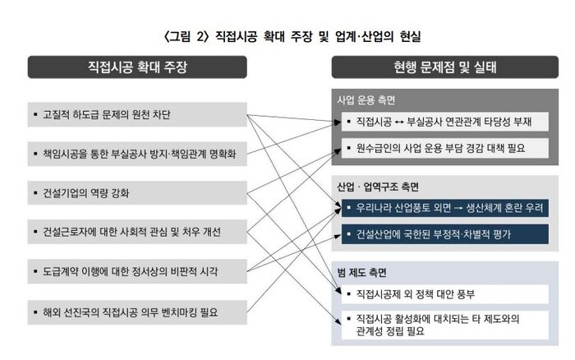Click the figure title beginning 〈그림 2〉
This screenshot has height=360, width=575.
click(x=287, y=35)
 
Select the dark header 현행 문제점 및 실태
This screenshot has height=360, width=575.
click(x=445, y=67)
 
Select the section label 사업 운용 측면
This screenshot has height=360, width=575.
click(x=366, y=100)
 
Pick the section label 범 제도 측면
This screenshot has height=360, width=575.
click(x=361, y=272)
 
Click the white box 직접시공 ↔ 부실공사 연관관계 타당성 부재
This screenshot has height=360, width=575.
click(x=444, y=122)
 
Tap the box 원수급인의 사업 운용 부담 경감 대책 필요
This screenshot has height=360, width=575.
click(x=444, y=149)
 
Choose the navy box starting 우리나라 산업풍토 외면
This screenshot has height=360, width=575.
click(x=444, y=208)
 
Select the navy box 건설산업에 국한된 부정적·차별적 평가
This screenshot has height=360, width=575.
click(x=444, y=235)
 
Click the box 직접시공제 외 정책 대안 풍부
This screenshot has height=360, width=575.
click(x=444, y=293)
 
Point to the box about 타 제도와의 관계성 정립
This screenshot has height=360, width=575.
click(x=444, y=322)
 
